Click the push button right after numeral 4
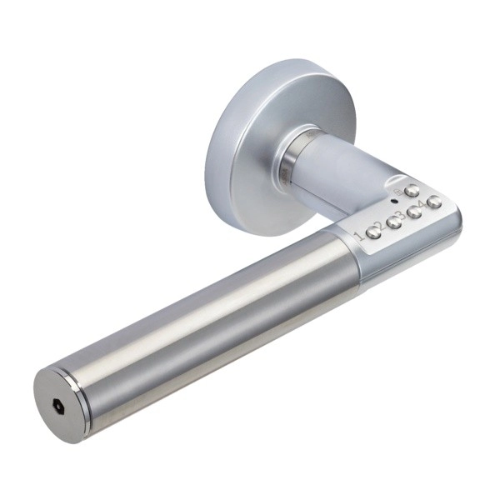433,202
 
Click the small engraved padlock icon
398,192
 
